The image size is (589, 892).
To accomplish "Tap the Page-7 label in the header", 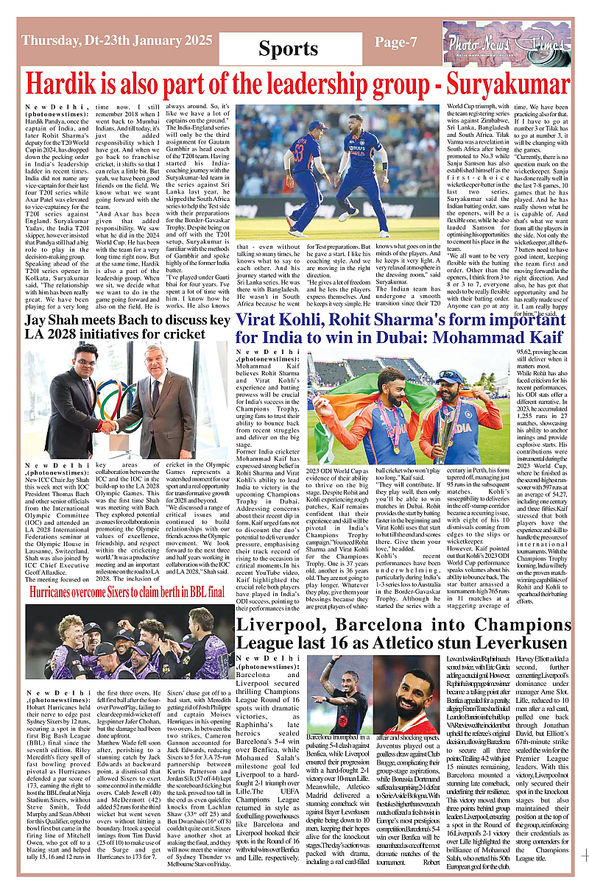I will point(396,42).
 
